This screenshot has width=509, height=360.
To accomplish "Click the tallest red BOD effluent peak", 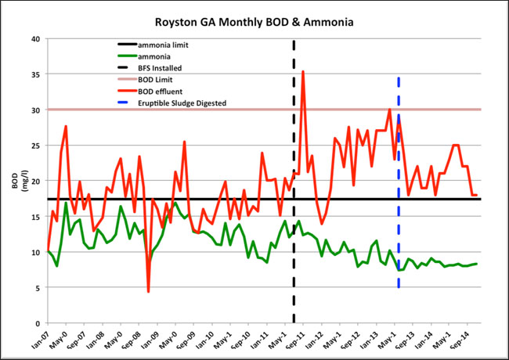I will pos(303,71).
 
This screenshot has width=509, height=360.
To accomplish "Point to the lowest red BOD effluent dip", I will pos(148,291).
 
